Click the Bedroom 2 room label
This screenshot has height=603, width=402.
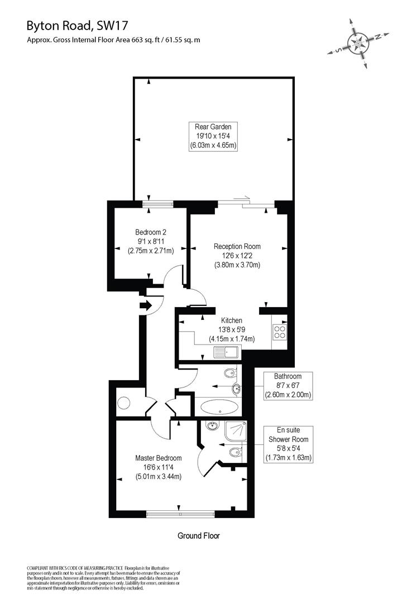(151, 232)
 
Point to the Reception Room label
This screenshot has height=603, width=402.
(237, 246)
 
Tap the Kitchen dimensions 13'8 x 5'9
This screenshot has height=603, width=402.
(232, 329)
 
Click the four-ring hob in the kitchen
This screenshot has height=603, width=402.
(279, 333)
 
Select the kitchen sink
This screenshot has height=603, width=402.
(226, 352)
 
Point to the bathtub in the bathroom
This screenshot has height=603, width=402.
(218, 406)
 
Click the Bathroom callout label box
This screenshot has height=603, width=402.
(288, 386)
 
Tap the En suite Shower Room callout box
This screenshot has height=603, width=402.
(288, 444)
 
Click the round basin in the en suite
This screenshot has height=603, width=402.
(211, 427)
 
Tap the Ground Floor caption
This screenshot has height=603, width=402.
(199, 535)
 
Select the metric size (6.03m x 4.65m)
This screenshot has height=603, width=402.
(213, 145)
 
